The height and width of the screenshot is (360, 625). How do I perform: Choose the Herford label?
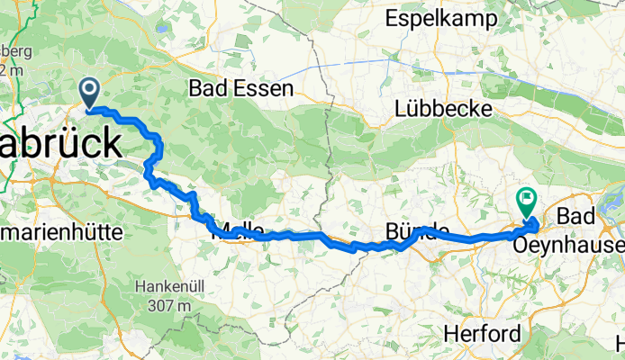click(482, 334)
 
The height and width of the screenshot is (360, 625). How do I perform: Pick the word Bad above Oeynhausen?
click(576, 217)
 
